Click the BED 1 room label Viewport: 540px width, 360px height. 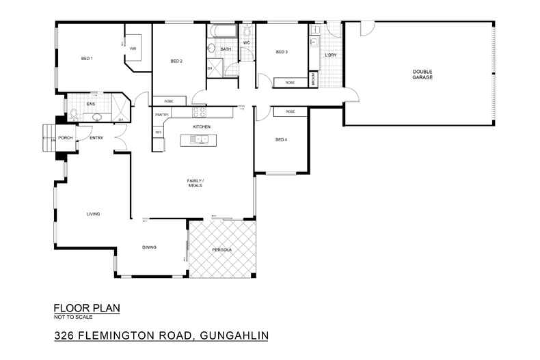[x=87, y=59]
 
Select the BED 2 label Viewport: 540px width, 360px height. [x=176, y=61]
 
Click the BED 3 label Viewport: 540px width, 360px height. [x=282, y=52]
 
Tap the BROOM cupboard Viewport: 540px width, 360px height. [x=313, y=79]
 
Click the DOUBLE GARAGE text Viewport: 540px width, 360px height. [x=422, y=74]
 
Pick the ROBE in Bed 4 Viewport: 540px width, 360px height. [x=290, y=111]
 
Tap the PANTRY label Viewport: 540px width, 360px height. [x=162, y=115]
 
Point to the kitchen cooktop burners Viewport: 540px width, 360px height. [x=200, y=112]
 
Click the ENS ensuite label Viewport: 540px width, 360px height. [x=90, y=104]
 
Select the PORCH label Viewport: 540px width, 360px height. [x=66, y=138]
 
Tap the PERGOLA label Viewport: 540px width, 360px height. [x=221, y=251]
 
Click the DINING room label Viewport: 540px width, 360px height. [x=150, y=247]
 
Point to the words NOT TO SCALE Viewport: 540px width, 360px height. [x=72, y=316]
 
